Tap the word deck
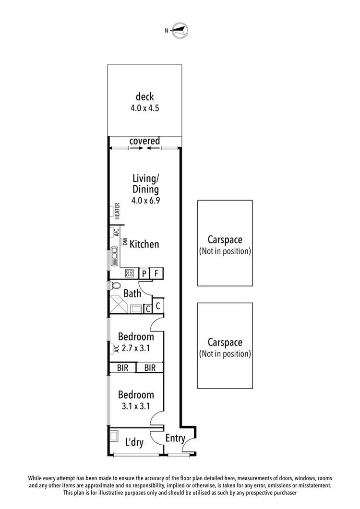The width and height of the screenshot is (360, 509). point(144,97)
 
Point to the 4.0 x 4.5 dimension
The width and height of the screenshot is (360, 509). point(144,108)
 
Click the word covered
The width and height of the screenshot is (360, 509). point(144,141)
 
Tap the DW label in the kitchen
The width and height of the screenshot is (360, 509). point(124,243)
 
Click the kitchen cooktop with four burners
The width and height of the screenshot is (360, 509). point(130,273)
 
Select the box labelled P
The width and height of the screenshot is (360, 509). point(144,273)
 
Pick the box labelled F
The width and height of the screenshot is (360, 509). point(156,273)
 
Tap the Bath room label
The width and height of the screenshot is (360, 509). point(132,293)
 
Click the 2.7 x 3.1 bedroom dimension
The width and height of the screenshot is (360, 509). point(135,349)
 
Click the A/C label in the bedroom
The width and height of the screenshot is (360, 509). point(117,349)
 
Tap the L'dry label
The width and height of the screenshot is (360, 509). point(134,442)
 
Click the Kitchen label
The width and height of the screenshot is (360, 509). point(144,244)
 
